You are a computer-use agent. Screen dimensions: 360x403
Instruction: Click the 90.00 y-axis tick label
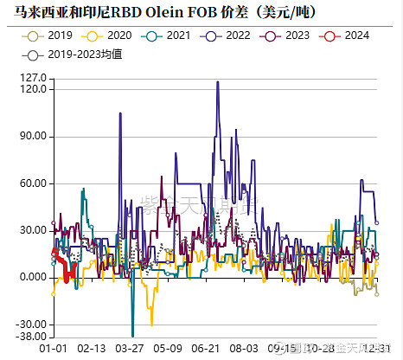click(x=30, y=137)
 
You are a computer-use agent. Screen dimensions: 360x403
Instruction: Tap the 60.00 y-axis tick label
click(x=30, y=183)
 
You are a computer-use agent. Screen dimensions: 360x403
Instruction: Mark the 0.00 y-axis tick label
click(x=33, y=277)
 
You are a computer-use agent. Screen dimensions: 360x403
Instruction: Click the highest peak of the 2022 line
click(x=217, y=82)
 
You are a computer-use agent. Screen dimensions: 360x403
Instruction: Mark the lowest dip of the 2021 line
click(x=132, y=335)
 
